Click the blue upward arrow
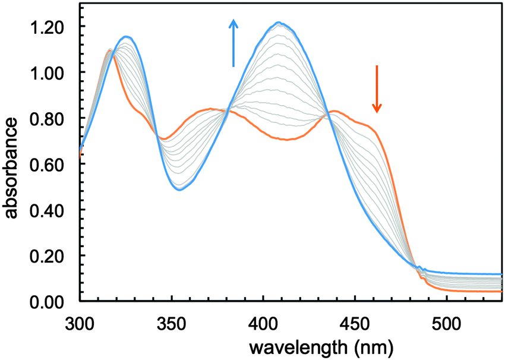[x=233, y=43]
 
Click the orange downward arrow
[x=377, y=89]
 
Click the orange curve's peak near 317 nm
[x=111, y=50]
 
